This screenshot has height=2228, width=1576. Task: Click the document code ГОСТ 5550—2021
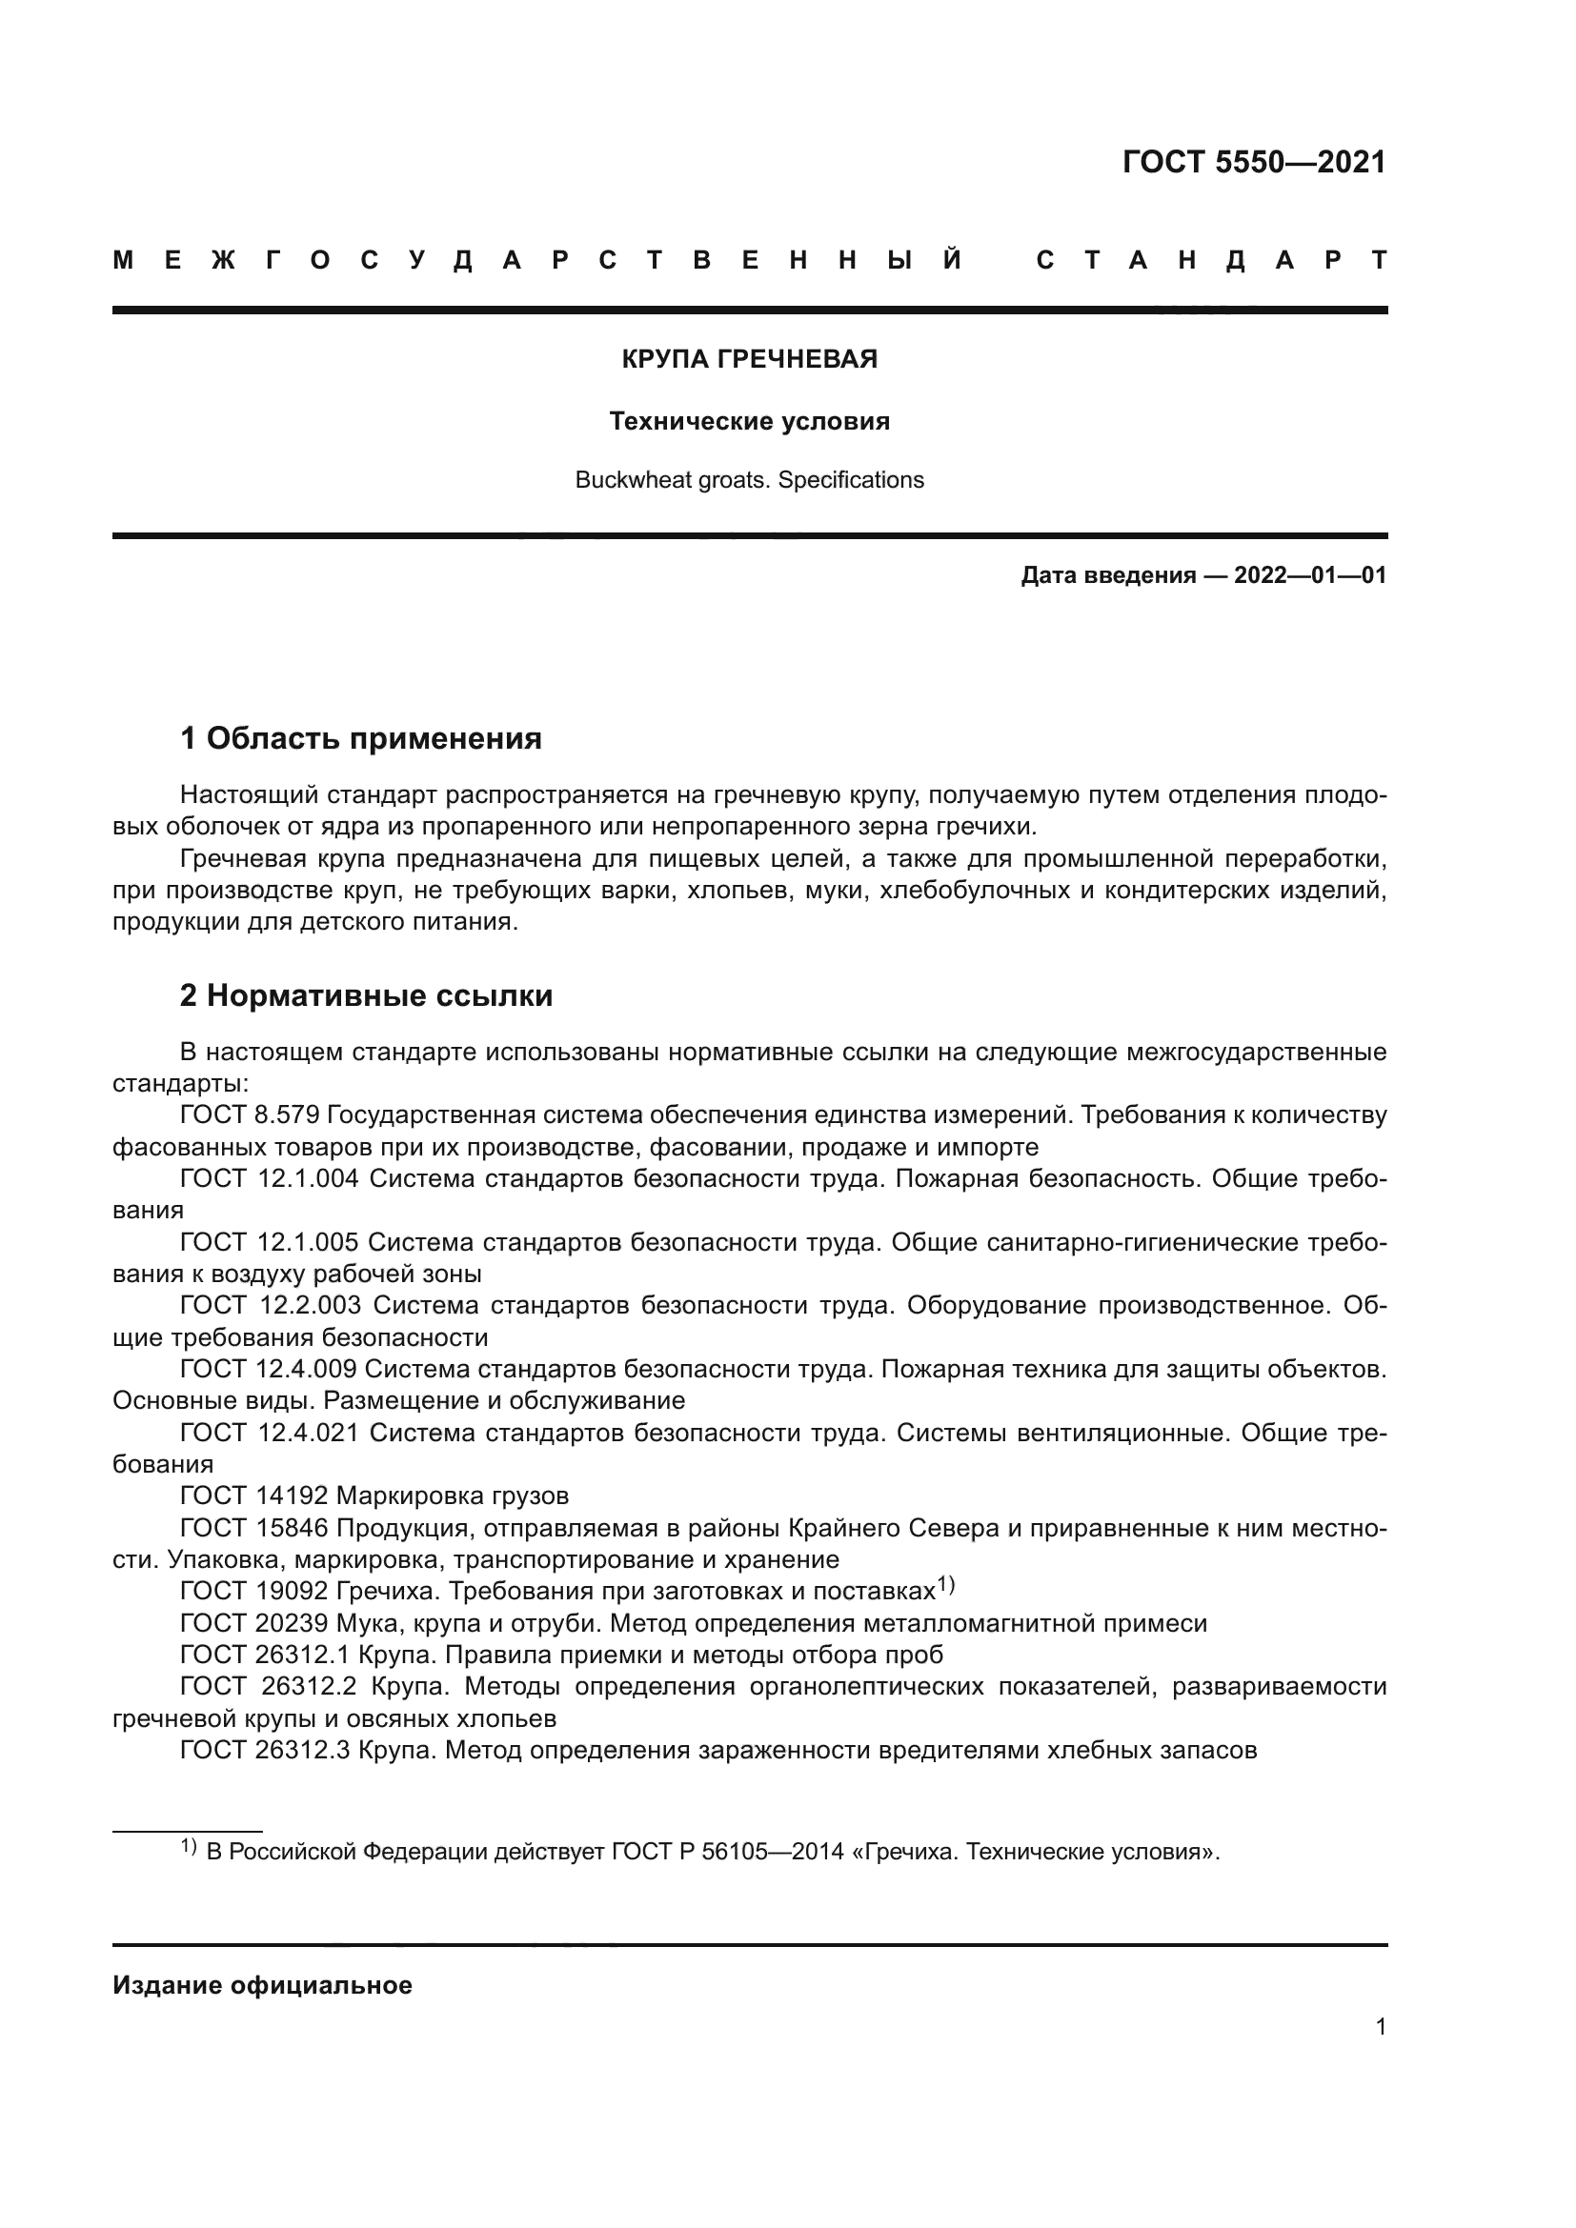(x=1254, y=162)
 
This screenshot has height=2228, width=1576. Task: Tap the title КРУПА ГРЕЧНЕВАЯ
(x=749, y=360)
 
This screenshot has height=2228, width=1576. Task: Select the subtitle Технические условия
(x=749, y=421)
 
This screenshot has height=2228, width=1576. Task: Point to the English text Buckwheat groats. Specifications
(x=749, y=480)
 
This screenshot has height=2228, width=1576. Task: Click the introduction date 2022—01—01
(x=1310, y=575)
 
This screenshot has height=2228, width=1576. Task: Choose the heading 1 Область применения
(x=361, y=738)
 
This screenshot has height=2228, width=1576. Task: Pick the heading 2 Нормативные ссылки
(x=366, y=995)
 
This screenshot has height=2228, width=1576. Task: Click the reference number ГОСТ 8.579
(x=251, y=1115)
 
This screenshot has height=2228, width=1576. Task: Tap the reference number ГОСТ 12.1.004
(x=270, y=1179)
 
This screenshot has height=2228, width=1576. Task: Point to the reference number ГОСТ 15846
(x=254, y=1528)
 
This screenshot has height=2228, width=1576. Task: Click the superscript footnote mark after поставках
(x=946, y=1587)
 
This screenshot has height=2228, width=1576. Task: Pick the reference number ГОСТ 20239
(x=254, y=1623)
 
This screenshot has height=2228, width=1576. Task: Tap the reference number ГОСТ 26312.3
(x=264, y=1751)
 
